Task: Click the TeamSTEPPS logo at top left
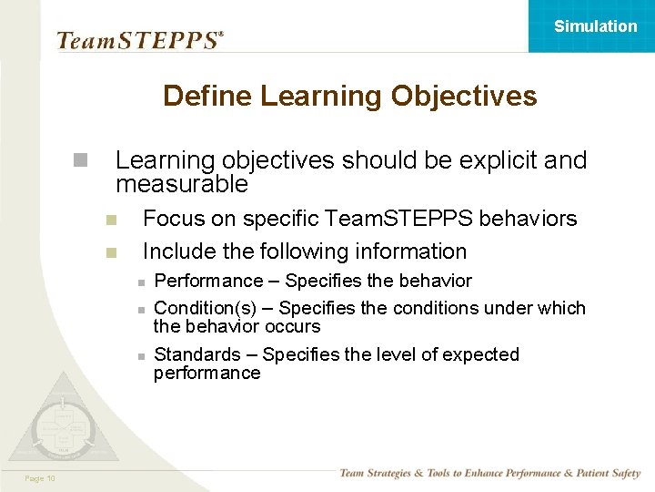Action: pyautogui.click(x=139, y=40)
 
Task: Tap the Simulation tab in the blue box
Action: pyautogui.click(x=595, y=26)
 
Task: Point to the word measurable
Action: pyautogui.click(x=181, y=184)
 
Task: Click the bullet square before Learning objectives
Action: pyautogui.click(x=81, y=161)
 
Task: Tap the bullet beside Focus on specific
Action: pyautogui.click(x=111, y=220)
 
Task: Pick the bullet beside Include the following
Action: pyautogui.click(x=111, y=251)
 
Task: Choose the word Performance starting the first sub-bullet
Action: pyautogui.click(x=207, y=281)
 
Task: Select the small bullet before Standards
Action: pyautogui.click(x=141, y=355)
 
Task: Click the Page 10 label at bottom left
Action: pyautogui.click(x=39, y=478)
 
